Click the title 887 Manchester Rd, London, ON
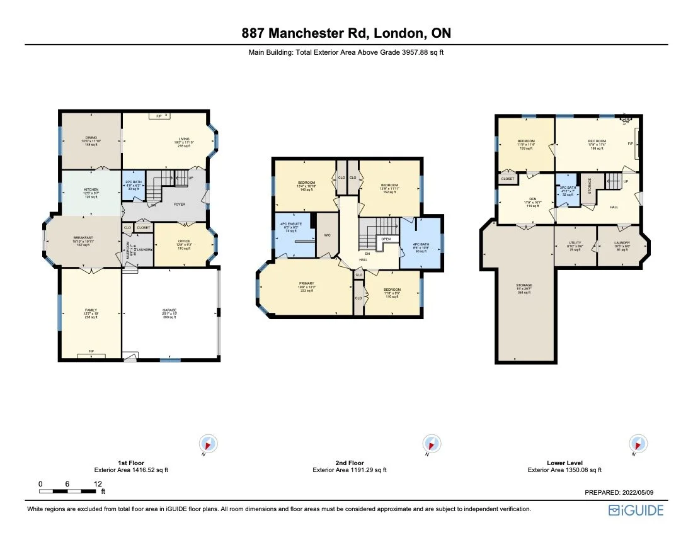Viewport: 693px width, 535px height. click(x=346, y=33)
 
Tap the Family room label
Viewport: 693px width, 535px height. click(x=91, y=310)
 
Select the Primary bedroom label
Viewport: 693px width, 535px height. click(x=306, y=284)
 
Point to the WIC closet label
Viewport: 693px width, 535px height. click(x=327, y=235)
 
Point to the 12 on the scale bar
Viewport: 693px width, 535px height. click(x=98, y=483)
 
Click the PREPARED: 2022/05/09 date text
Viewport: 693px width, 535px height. click(x=624, y=493)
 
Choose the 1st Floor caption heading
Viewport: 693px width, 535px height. click(x=131, y=463)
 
